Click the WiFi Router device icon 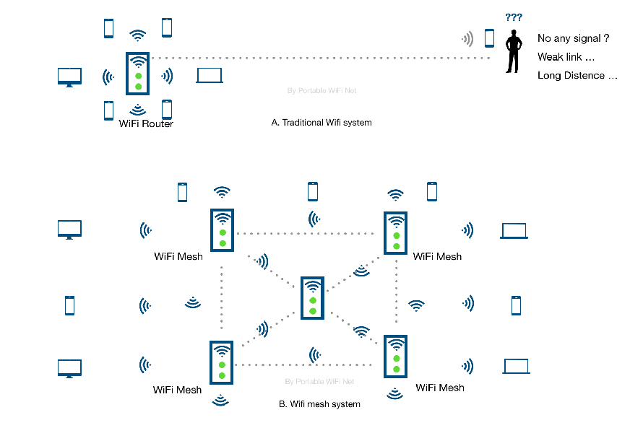pos(137,73)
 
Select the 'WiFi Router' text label pos(146,123)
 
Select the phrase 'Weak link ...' pos(566,57)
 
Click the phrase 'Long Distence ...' pos(577,76)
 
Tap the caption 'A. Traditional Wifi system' pos(321,123)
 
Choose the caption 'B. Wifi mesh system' pos(319,404)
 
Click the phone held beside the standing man pos(489,38)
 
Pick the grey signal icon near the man pos(468,38)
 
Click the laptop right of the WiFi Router pos(210,75)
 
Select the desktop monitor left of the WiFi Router pos(69,77)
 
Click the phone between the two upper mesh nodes pos(312,191)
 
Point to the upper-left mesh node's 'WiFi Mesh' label pos(178,256)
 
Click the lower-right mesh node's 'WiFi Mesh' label pos(439,388)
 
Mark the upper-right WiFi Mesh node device pos(395,232)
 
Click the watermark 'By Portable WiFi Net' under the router pos(321,91)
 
